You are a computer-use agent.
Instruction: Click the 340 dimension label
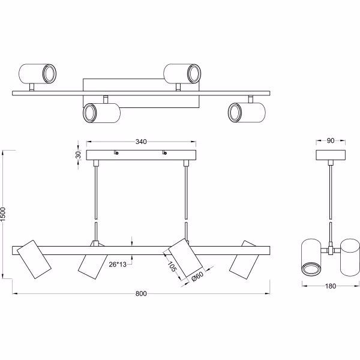pyautogui.click(x=141, y=142)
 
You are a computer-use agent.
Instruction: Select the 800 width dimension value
pyautogui.click(x=140, y=294)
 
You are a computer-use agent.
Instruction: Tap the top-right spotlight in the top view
pyautogui.click(x=184, y=73)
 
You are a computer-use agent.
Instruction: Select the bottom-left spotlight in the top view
pyautogui.click(x=101, y=113)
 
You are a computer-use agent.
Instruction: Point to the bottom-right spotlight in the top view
pyautogui.click(x=246, y=112)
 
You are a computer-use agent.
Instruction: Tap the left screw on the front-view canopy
pyautogui.click(x=116, y=154)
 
